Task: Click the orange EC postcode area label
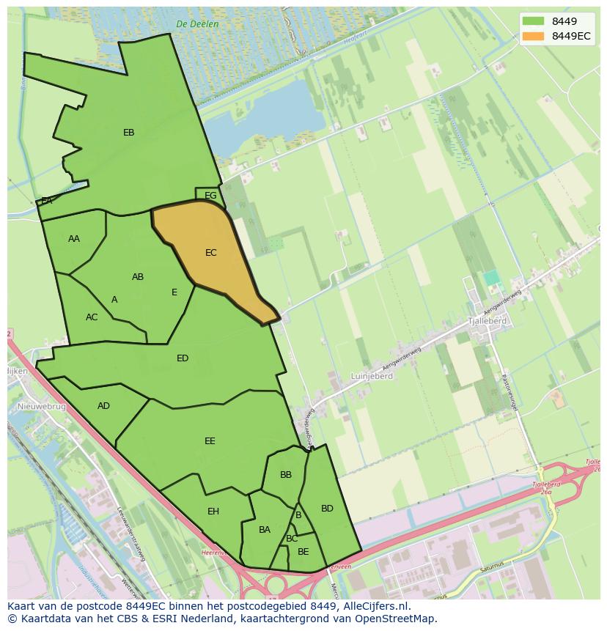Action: click(211, 253)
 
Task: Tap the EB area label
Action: click(129, 133)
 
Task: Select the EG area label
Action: click(210, 196)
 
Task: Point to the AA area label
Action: click(74, 239)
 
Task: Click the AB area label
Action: click(138, 277)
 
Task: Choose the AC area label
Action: click(92, 317)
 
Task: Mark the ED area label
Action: click(183, 358)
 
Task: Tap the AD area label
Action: click(103, 406)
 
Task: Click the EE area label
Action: click(210, 441)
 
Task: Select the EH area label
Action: click(213, 512)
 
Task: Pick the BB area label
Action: click(286, 475)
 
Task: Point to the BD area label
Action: click(327, 509)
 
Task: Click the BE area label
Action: click(303, 552)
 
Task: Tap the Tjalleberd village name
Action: click(487, 321)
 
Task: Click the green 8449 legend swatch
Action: click(533, 21)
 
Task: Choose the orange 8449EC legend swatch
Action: click(533, 36)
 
